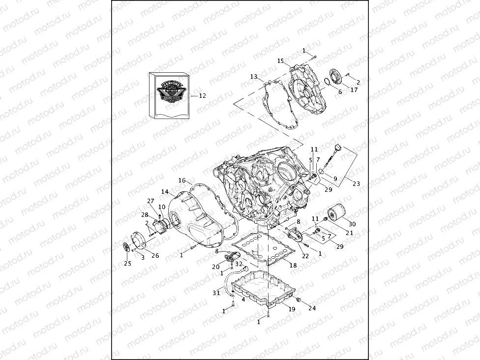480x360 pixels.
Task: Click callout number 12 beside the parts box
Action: point(202,96)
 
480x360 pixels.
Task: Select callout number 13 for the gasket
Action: point(254,77)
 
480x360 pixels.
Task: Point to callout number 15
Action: point(281,61)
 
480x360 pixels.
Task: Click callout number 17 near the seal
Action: point(354,90)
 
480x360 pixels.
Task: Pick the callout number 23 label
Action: point(356,183)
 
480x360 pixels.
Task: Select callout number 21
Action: point(350,233)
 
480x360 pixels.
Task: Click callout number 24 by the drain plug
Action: point(312,308)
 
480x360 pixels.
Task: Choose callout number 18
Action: point(293,265)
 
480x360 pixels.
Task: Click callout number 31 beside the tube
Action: point(216,293)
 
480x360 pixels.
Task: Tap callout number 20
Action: point(215,267)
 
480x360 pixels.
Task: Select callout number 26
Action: point(155,255)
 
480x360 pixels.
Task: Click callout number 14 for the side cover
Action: point(165,191)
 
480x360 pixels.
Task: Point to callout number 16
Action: point(182,180)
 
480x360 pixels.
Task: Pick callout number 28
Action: point(145,215)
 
